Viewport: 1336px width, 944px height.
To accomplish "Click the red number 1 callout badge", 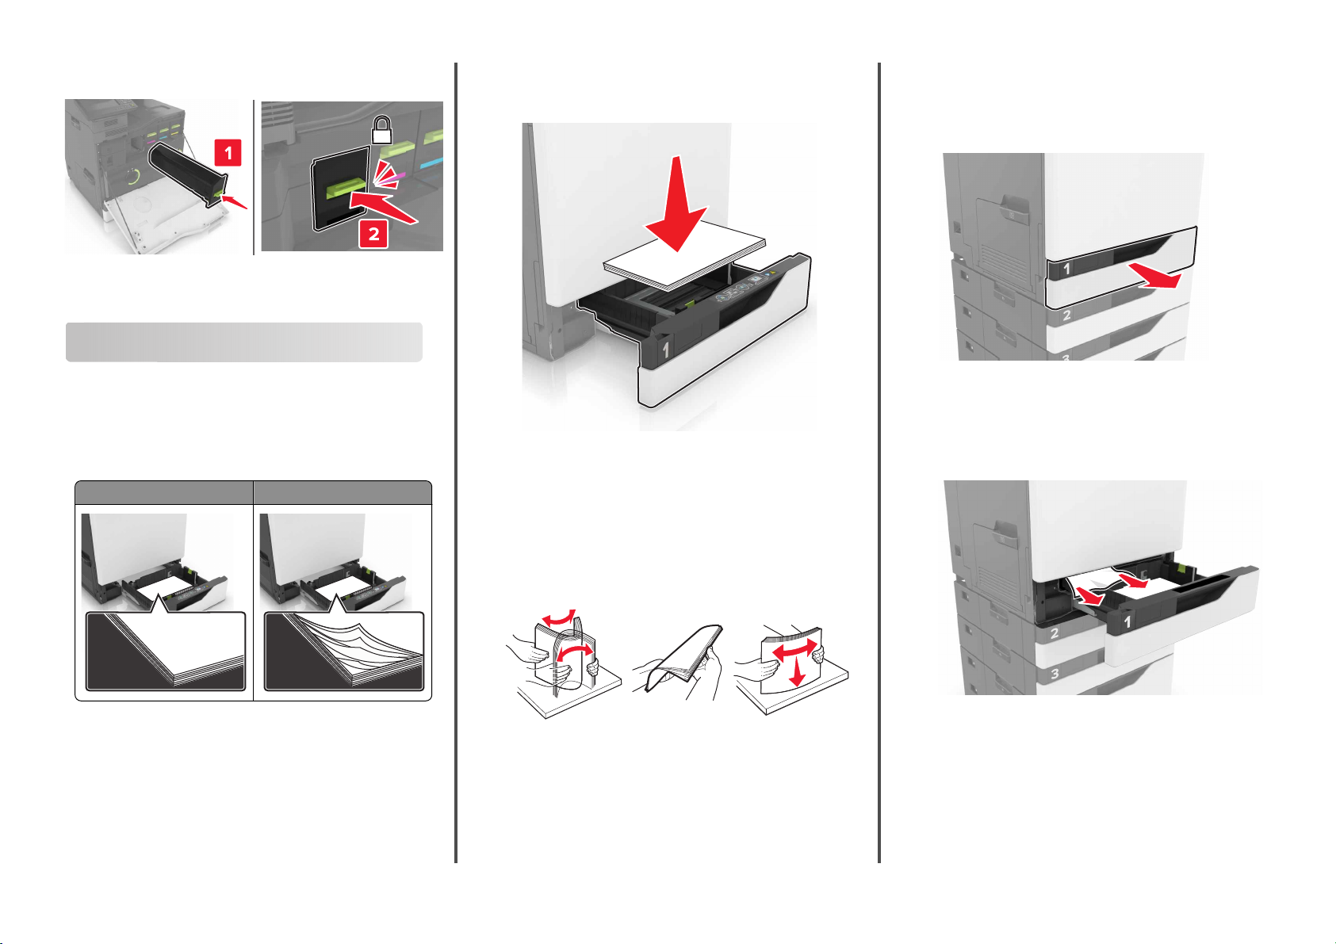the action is [x=228, y=153].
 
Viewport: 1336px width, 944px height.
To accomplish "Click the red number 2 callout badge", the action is [x=373, y=233].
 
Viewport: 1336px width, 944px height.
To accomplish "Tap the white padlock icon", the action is [x=381, y=130].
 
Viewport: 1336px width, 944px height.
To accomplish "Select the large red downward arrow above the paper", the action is [x=676, y=203].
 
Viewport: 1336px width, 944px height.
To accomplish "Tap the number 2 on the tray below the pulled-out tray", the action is [x=1055, y=633].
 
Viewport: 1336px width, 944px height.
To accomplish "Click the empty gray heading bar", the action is [x=244, y=342].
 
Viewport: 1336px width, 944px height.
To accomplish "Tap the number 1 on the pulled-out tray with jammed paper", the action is [x=1127, y=622].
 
